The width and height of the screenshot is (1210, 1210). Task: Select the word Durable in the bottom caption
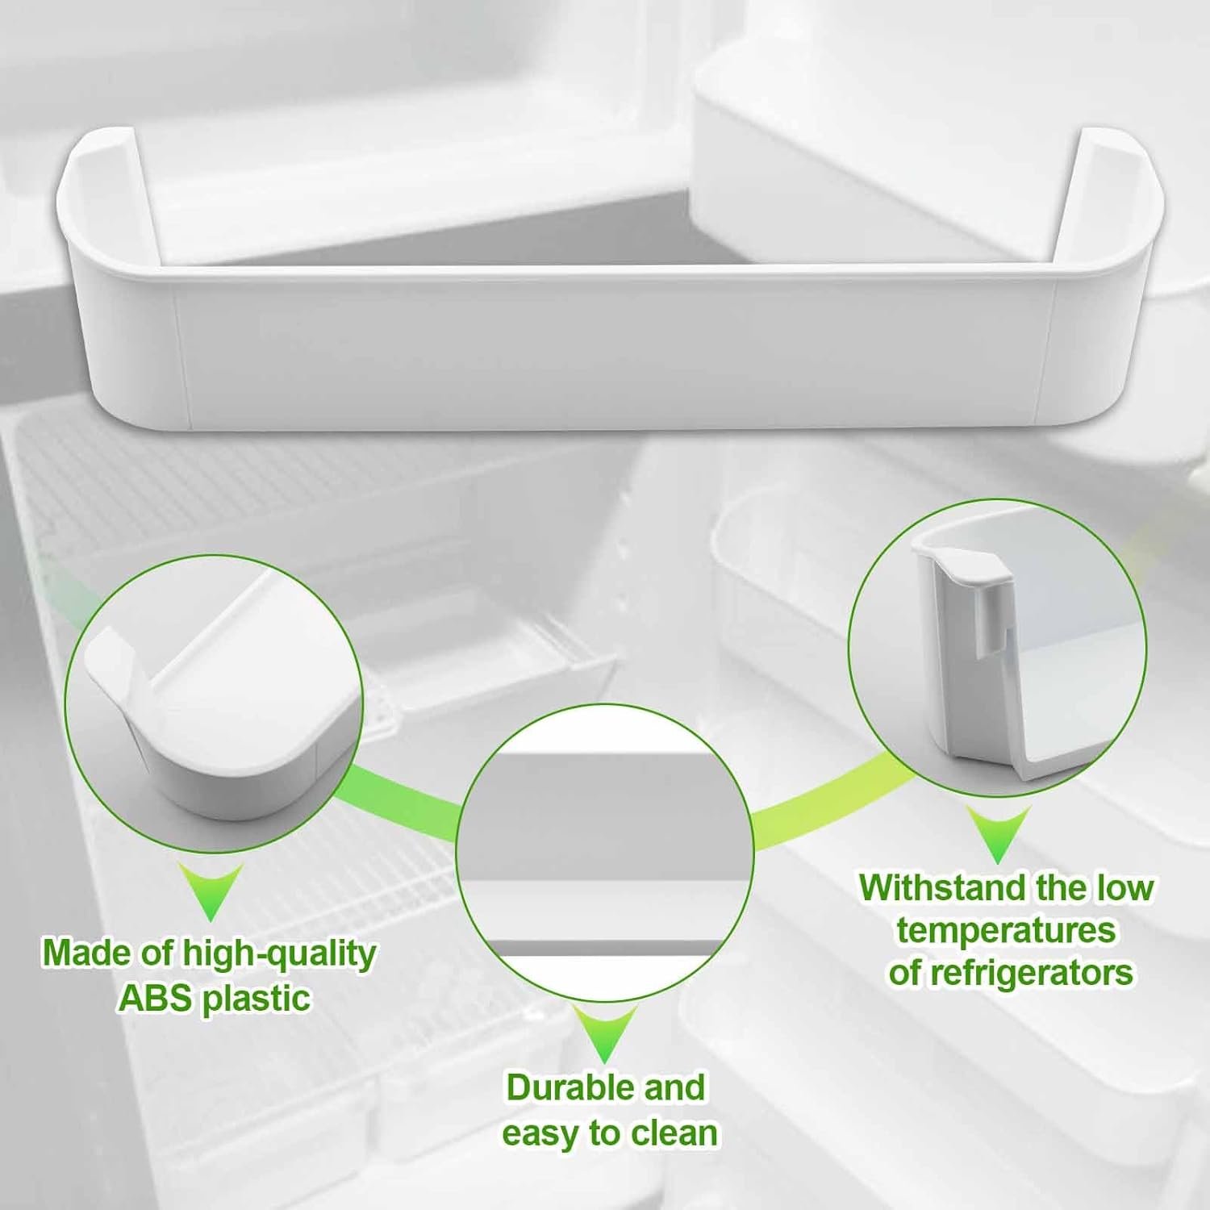click(x=560, y=1087)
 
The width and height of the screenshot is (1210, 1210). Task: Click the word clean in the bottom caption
click(x=674, y=1133)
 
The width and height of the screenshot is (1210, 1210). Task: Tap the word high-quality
click(x=279, y=955)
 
